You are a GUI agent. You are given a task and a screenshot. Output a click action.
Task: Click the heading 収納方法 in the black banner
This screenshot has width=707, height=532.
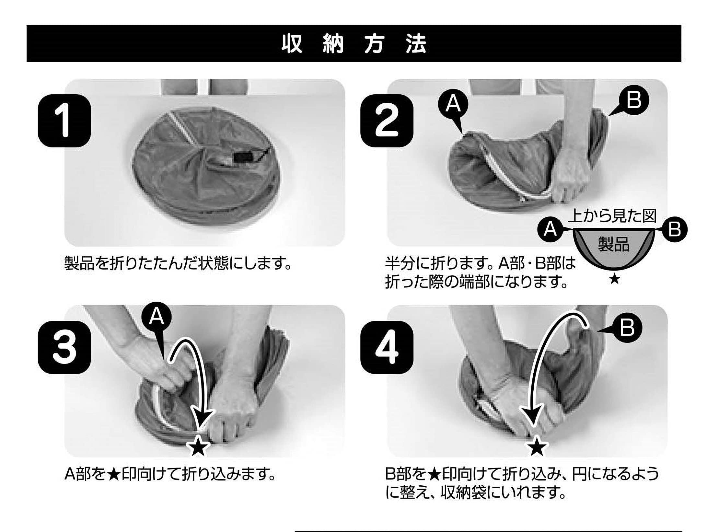pyautogui.click(x=354, y=44)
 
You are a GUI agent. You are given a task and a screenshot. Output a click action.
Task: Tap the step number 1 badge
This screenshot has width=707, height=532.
pyautogui.click(x=64, y=121)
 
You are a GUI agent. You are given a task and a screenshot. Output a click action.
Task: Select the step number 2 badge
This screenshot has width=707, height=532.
pyautogui.click(x=387, y=121)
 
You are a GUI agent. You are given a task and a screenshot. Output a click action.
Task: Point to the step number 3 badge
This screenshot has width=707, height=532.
pyautogui.click(x=64, y=347)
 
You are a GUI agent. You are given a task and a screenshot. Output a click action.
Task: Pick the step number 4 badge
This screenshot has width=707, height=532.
pyautogui.click(x=387, y=347)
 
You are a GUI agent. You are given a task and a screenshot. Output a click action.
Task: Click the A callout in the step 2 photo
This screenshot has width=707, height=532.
pyautogui.click(x=453, y=104)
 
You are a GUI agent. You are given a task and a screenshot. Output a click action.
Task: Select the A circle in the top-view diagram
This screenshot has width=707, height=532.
pyautogui.click(x=550, y=229)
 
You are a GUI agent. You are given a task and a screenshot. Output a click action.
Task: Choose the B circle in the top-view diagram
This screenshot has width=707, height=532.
pyautogui.click(x=675, y=229)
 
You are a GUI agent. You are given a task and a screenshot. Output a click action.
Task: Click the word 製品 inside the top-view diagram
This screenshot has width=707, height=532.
pyautogui.click(x=613, y=244)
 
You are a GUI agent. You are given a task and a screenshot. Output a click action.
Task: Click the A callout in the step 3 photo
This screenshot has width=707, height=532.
pyautogui.click(x=156, y=316)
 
